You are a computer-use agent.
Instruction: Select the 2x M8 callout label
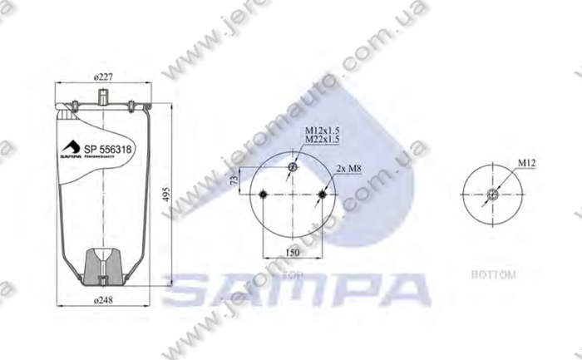[x=348, y=169]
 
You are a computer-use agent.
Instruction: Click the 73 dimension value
[x=235, y=179]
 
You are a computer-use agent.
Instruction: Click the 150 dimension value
[x=292, y=250]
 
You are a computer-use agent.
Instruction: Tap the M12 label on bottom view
[x=525, y=165]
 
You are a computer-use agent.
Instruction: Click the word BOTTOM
[x=493, y=274]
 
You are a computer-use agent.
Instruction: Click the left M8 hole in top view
[x=262, y=195]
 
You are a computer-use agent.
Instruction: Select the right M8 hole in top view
[x=322, y=195]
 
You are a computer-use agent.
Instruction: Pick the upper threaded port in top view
[x=292, y=170]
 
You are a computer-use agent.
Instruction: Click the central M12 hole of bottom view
[x=493, y=196]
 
